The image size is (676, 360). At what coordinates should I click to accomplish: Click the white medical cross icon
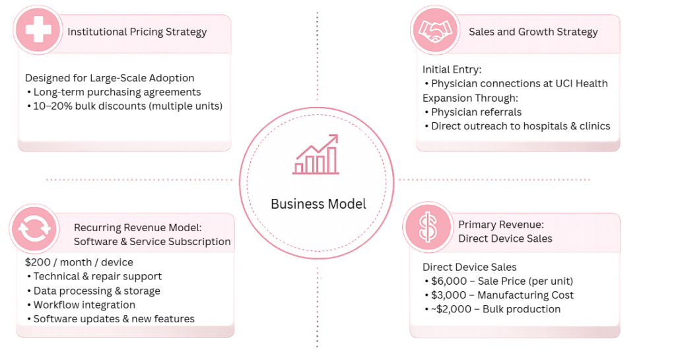click(38, 30)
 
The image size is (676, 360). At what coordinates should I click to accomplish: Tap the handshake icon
click(435, 31)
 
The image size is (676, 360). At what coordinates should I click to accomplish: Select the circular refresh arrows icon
click(34, 229)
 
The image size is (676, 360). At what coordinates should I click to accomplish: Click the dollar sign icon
click(427, 228)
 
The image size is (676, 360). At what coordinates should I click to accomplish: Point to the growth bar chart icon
click(316, 155)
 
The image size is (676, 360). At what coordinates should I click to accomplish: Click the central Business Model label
click(318, 204)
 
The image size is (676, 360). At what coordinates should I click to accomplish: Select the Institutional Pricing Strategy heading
click(137, 32)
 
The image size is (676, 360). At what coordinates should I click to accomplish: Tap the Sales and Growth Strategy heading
click(533, 32)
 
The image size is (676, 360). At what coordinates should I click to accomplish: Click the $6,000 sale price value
click(449, 281)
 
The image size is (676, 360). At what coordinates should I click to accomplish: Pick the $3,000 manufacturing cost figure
click(449, 295)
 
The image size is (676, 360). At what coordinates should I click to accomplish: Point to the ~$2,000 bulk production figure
click(451, 309)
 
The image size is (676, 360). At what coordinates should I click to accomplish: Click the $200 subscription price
click(38, 262)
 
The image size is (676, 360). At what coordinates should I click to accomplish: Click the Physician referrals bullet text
click(477, 112)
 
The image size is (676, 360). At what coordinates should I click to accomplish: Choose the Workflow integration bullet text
click(84, 305)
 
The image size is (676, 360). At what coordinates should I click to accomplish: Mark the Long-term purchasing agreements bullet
click(118, 92)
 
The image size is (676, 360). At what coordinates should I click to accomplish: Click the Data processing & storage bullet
click(97, 291)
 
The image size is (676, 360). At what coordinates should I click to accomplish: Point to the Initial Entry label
click(452, 69)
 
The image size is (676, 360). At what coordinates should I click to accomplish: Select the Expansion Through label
click(470, 98)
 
